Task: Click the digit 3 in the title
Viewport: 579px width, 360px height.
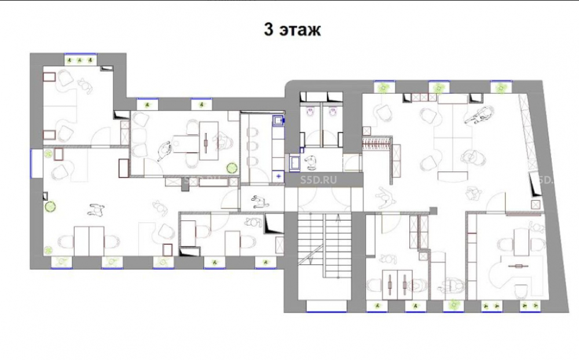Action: click(269, 30)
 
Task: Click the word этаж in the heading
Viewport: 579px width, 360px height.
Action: click(300, 30)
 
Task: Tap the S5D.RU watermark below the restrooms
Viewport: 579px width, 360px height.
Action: click(318, 180)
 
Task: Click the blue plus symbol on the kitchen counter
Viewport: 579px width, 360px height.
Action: click(278, 176)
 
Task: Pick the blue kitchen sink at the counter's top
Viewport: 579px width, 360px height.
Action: click(278, 120)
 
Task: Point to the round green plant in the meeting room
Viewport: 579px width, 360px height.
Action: click(232, 168)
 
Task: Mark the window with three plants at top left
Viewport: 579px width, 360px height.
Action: click(80, 60)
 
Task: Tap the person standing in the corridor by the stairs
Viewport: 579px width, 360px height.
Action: click(260, 202)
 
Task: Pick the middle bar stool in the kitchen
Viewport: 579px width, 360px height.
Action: click(252, 146)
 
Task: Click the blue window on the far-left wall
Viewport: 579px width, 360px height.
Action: click(37, 163)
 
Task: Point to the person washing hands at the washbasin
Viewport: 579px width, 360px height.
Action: click(310, 163)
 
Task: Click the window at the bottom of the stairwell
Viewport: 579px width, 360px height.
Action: click(326, 306)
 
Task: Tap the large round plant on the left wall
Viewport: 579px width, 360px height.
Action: click(50, 207)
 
